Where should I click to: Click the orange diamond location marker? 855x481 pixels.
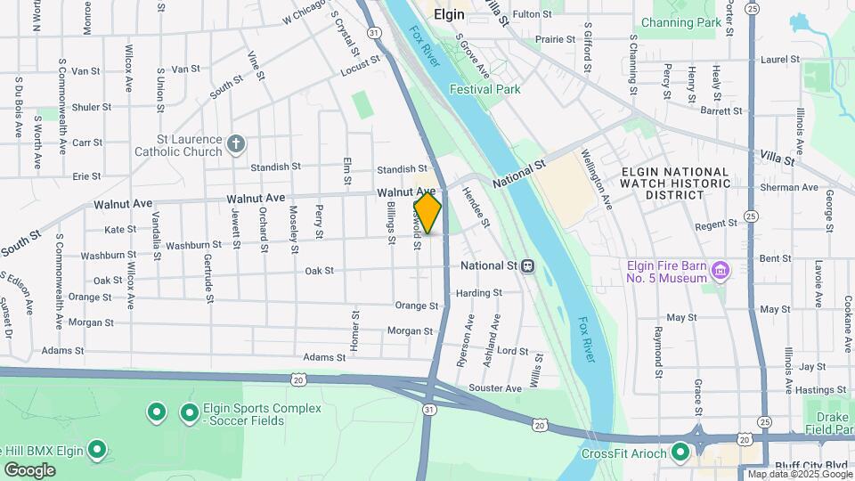427,214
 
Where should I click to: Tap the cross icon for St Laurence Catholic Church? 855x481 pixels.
236,144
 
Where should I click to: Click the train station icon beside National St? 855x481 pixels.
528,265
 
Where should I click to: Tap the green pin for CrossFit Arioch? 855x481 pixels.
680,452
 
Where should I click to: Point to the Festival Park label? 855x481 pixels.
484,89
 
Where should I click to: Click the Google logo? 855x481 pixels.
30,469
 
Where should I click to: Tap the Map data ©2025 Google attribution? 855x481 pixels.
799,474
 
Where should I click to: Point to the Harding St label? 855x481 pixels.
478,292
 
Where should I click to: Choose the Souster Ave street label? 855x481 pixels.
494,388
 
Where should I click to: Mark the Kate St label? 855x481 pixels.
120,229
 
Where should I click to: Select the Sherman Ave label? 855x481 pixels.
788,188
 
